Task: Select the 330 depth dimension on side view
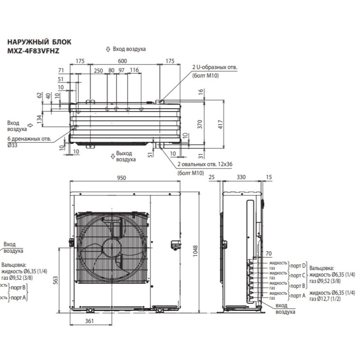point(242,178)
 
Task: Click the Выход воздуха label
point(126,156)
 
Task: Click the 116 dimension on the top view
point(134,70)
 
